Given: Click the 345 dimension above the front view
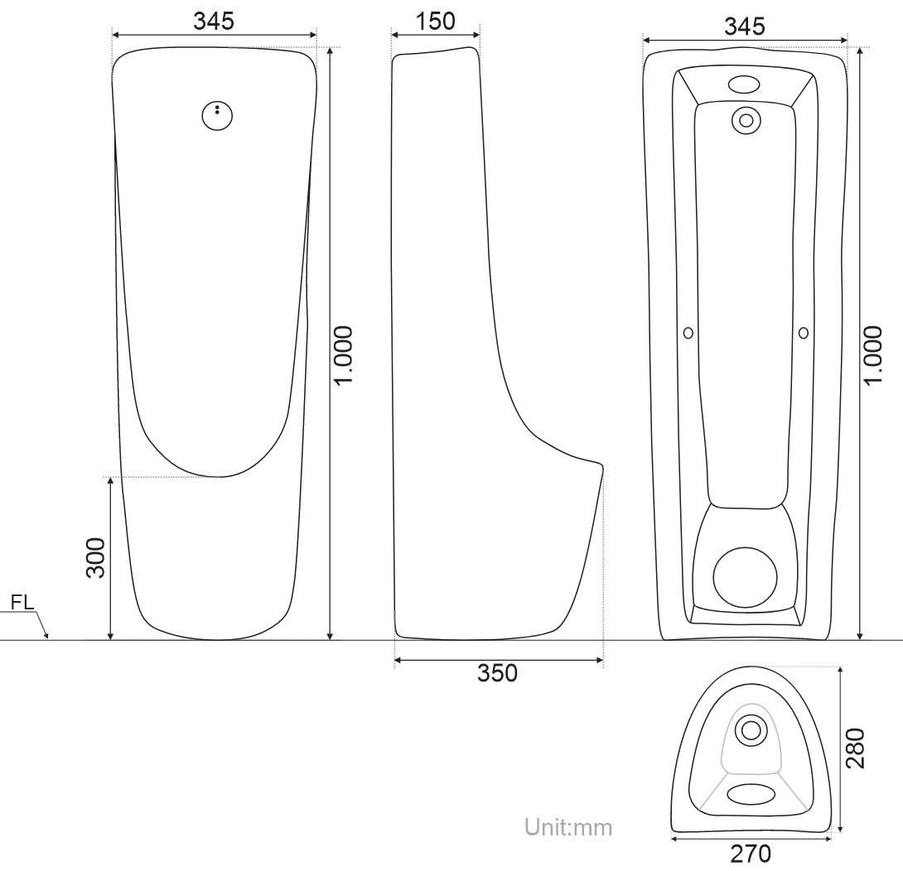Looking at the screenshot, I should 214,22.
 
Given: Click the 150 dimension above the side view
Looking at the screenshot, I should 435,22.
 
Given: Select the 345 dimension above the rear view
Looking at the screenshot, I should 744,26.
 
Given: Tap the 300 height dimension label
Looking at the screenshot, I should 97,558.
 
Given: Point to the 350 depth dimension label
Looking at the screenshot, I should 497,673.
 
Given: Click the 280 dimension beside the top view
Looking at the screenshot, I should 856,748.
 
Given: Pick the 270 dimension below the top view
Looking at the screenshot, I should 751,853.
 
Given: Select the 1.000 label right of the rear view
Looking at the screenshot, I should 875,354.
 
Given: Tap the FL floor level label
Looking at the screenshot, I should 23,602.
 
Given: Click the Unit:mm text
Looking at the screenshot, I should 568,826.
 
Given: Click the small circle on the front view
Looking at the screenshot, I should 217,116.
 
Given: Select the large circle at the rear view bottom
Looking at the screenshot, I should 746,578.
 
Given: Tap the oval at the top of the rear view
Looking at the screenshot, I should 744,84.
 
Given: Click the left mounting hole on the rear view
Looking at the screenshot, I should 688,332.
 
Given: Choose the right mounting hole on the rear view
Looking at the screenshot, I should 803,332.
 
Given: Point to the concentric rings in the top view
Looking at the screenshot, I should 751,729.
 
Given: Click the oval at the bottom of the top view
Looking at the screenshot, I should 751,792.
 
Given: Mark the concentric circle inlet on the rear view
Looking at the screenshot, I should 746,120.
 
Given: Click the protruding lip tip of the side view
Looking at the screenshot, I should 601,468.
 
